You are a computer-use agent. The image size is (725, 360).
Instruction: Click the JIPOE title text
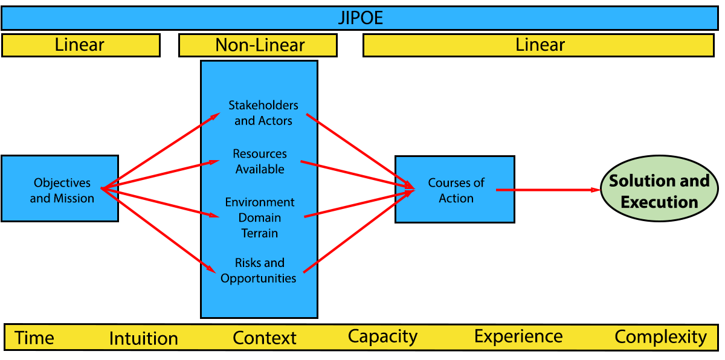point(360,18)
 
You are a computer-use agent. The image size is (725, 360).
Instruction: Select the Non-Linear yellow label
point(260,45)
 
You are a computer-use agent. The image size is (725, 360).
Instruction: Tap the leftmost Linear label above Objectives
point(80,45)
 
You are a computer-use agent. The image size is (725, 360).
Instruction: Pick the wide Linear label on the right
point(540,45)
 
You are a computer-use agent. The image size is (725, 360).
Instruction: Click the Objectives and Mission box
point(60,190)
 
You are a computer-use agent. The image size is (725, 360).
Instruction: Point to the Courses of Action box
point(456,190)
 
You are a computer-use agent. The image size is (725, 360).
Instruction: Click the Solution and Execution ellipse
point(659,191)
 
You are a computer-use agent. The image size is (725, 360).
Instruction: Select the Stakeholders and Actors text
point(263,113)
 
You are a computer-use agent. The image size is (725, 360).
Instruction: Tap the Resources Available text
point(260,161)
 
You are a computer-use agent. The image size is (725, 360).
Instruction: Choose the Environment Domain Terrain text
point(260,217)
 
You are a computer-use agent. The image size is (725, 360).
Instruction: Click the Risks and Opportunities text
point(259,271)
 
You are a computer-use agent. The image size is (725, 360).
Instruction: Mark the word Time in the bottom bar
point(34,338)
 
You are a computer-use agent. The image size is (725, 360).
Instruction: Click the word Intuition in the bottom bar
point(143,338)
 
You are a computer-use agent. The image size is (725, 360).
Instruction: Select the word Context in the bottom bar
point(265,338)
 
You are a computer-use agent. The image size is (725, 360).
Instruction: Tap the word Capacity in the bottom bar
point(382,336)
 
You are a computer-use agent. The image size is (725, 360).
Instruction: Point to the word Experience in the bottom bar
point(518,336)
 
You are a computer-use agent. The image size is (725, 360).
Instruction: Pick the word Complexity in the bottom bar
point(660,336)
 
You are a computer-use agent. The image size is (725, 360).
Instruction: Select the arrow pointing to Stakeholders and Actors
point(211,118)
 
